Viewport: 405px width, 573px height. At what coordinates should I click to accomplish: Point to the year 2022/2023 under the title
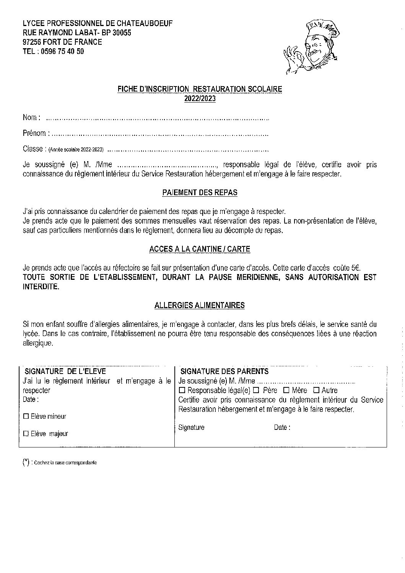pos(200,98)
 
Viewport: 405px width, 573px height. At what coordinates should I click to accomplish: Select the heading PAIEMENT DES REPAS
pos(200,193)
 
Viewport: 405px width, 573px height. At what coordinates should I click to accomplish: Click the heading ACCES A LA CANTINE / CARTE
pos(200,249)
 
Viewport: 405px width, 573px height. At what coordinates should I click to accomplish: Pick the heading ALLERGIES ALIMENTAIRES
pos(200,305)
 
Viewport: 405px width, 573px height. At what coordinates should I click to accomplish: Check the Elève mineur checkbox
pos(26,416)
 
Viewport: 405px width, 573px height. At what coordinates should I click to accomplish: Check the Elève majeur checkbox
pos(26,434)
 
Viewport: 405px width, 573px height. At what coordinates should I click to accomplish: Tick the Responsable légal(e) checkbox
pos(182,390)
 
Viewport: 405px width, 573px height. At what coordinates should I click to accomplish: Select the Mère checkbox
pos(286,390)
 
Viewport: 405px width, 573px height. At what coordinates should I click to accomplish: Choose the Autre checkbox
pos(316,390)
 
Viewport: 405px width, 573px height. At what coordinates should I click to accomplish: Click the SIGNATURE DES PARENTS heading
pos(224,371)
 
